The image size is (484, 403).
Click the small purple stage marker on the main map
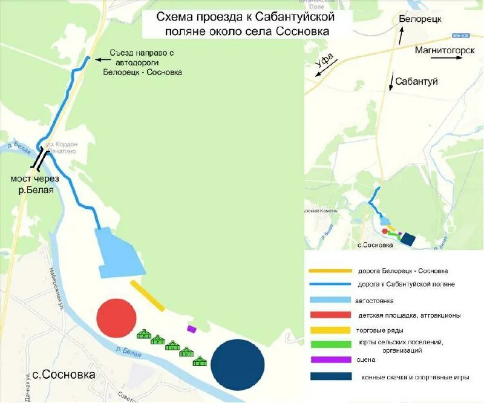[192, 329]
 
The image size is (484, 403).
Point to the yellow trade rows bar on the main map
[148, 295]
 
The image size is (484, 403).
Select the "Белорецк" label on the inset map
[420, 19]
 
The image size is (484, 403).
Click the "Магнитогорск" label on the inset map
[445, 50]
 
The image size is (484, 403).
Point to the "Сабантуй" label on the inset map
[416, 81]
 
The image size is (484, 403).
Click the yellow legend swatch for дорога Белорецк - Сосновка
[330, 271]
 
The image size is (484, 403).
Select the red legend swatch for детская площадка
[330, 315]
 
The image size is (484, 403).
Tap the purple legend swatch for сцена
[330, 360]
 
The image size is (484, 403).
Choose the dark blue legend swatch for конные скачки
[330, 376]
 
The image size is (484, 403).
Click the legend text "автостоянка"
[375, 300]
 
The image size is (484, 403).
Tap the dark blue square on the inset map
[408, 240]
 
